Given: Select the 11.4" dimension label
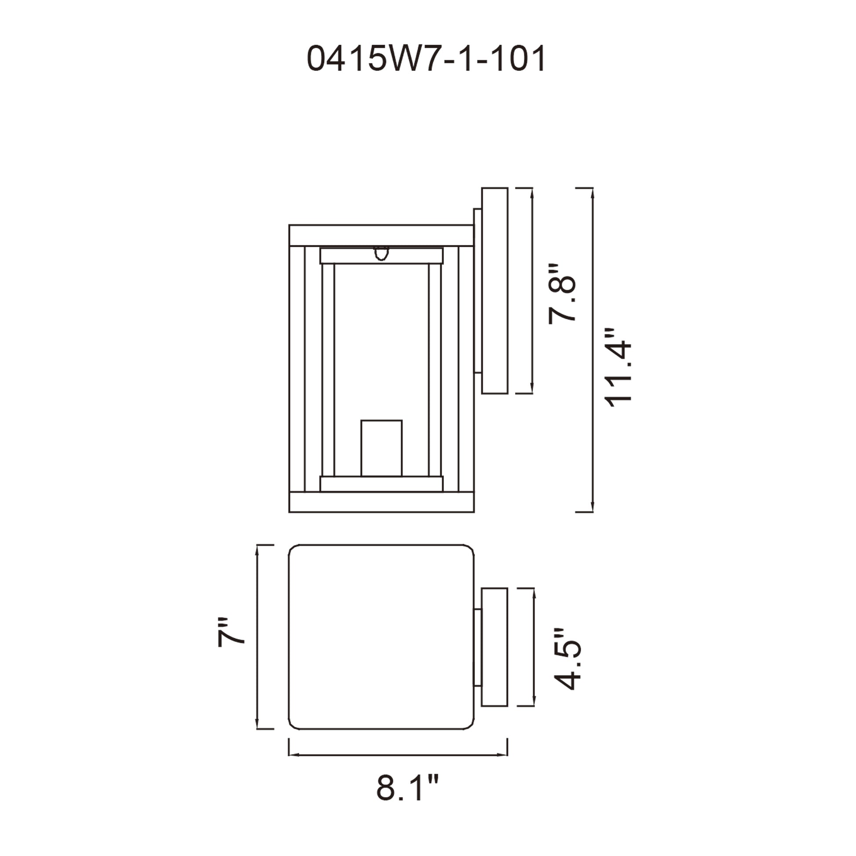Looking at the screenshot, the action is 617,367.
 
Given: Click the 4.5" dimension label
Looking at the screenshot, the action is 567,658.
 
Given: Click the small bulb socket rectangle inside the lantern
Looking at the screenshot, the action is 381,448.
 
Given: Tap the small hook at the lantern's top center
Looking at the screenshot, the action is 381,253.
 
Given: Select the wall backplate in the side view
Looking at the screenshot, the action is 494,291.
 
